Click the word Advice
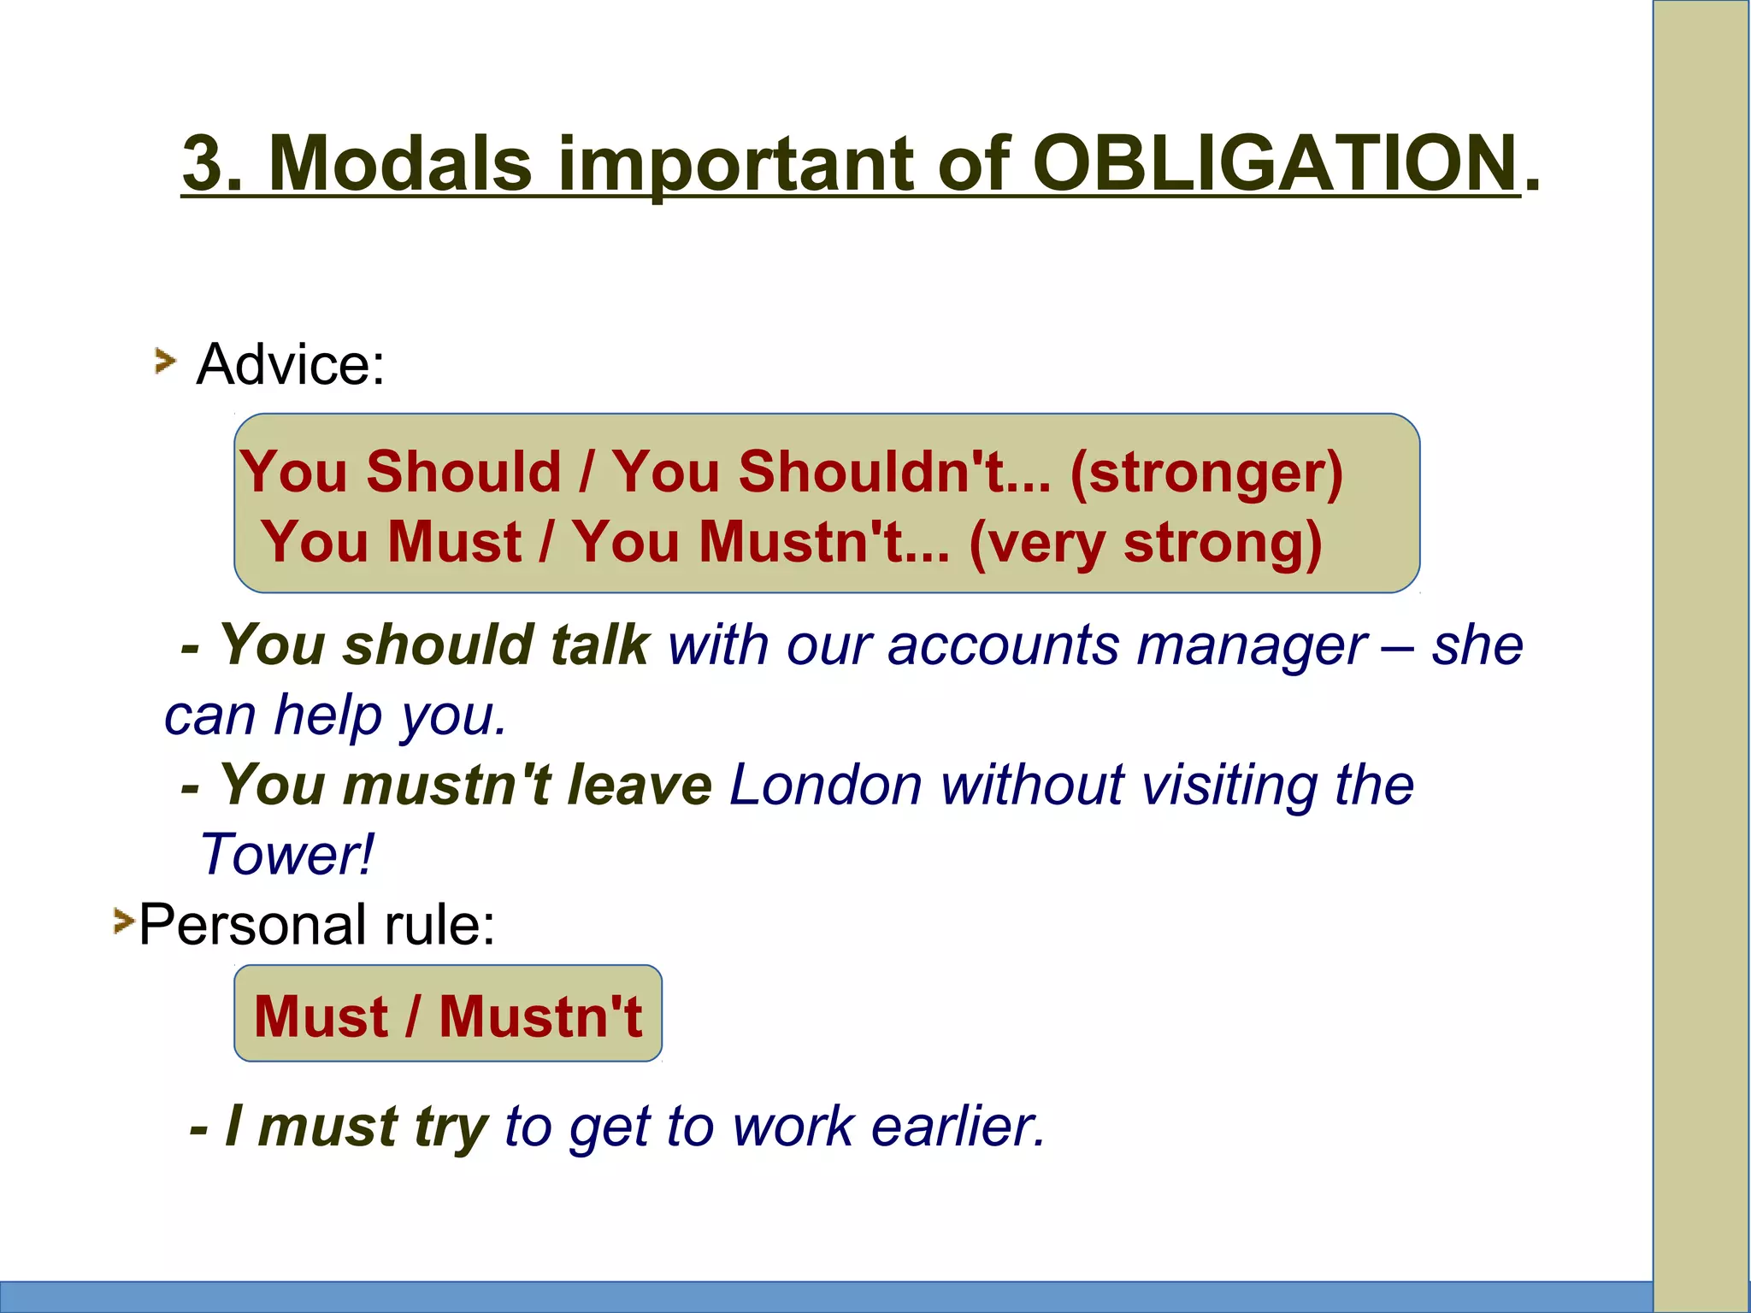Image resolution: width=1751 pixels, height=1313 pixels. tap(291, 364)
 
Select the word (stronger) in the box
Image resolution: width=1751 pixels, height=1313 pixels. tap(1206, 473)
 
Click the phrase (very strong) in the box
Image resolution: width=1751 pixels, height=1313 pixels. tap(1146, 544)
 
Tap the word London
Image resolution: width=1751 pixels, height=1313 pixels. tap(825, 785)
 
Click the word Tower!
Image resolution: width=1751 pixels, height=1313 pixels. tap(286, 855)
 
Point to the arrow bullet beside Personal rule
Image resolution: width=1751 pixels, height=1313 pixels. tap(124, 921)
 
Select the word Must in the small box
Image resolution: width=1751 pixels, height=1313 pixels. tap(321, 1016)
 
